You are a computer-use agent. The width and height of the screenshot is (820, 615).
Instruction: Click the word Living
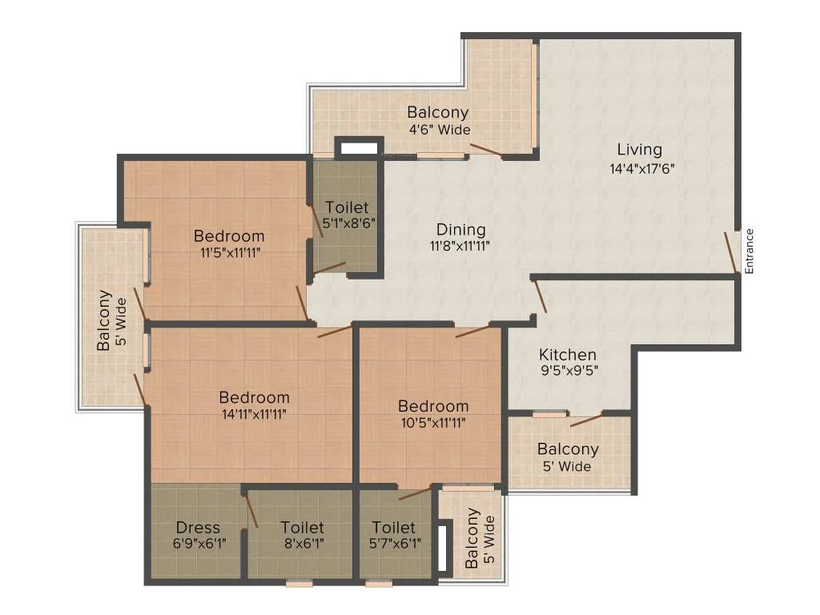pos(640,150)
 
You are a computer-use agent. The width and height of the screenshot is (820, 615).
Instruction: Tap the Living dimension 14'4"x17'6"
pos(641,169)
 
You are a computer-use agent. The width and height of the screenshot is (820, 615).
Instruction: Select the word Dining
pos(460,230)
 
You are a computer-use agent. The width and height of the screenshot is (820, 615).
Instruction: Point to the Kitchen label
pos(568,355)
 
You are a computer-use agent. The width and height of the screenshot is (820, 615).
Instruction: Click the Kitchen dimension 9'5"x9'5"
pos(569,371)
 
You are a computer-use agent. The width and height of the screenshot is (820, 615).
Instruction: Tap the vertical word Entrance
pos(749,251)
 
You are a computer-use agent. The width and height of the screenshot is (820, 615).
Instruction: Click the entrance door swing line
pos(730,252)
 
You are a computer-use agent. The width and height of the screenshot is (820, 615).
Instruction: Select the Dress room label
pos(198,527)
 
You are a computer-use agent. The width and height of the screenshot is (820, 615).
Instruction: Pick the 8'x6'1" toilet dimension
pos(303,544)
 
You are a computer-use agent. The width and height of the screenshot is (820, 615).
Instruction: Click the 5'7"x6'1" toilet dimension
pos(395,544)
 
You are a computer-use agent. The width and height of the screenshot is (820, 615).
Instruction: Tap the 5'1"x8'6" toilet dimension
pos(349,224)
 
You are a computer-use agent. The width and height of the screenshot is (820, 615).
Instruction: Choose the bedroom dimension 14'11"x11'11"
pos(254,414)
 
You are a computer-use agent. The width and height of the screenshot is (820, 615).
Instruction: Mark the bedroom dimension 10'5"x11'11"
pos(433,423)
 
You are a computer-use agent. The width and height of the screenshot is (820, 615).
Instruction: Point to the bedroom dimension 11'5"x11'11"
pos(230,252)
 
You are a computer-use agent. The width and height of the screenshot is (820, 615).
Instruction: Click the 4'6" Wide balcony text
pos(440,129)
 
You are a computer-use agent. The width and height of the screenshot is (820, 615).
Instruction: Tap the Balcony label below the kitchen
pos(568,449)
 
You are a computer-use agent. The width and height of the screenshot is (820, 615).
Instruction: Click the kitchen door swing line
pos(540,296)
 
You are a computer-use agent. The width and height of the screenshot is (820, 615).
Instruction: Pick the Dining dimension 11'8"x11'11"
pos(460,246)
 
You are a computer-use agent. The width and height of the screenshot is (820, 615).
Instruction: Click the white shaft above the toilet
pos(359,148)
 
